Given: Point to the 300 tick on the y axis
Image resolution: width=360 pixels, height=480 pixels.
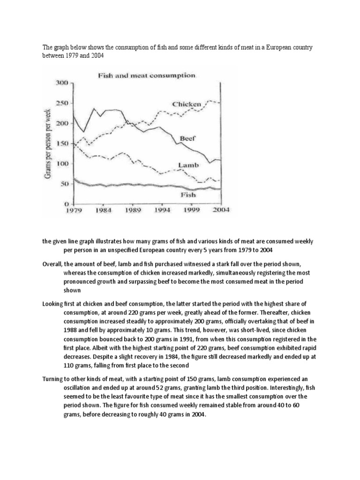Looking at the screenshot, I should coord(62,82).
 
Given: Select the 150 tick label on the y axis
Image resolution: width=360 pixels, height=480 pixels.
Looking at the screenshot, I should coord(62,144).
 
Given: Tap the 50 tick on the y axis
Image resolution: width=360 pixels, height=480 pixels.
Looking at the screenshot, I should coord(64,184).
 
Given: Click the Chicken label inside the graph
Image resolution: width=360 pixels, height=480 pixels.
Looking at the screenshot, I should coord(186,104).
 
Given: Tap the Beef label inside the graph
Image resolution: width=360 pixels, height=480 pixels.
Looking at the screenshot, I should coord(187,138).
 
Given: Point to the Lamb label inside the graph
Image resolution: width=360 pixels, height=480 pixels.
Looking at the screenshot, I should coord(189,165).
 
